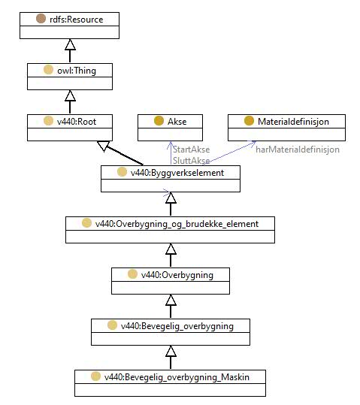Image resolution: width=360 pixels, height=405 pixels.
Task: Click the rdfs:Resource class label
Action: (76, 20)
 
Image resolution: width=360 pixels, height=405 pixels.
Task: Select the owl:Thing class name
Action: (77, 71)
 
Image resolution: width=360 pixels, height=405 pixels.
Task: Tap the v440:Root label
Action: (77, 122)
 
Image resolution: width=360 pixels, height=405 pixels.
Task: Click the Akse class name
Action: (177, 122)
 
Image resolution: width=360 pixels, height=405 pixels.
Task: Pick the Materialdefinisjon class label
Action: (293, 122)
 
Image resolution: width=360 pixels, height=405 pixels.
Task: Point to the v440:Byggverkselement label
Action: (177, 173)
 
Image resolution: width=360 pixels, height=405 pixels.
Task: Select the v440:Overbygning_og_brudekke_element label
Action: (177, 224)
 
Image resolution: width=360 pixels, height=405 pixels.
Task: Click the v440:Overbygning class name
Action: (177, 275)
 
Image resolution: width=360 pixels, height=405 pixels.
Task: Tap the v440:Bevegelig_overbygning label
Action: (177, 326)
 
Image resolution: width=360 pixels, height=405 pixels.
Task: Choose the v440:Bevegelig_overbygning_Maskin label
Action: (177, 377)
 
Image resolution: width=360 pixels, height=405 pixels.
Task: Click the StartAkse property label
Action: (191, 150)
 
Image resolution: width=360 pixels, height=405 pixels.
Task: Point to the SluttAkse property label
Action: (191, 161)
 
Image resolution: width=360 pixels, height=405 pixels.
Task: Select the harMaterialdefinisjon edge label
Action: (298, 150)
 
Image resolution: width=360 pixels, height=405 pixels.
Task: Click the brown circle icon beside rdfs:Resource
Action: (41, 19)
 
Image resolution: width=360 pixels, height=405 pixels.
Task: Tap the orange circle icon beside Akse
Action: (159, 121)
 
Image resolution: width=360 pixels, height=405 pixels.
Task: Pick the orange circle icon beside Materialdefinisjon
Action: (249, 121)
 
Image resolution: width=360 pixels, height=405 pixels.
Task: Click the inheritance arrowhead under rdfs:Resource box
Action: (70, 44)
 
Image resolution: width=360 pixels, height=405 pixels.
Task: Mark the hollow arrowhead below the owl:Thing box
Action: (70, 95)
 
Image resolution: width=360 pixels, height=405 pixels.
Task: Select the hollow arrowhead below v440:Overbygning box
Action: (171, 300)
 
